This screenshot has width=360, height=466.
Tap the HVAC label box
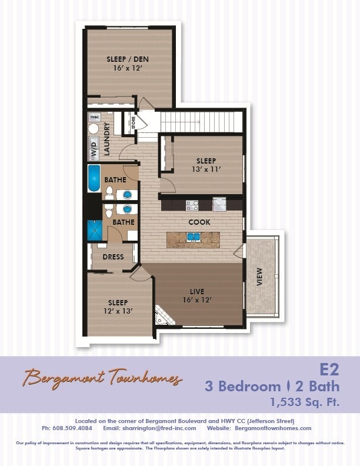95,118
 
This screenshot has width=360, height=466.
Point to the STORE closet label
134,123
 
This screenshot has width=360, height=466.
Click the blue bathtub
94,178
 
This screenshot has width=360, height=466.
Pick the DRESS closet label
113,257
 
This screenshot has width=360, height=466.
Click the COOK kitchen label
199,222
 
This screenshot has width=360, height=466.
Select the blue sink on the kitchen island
193,238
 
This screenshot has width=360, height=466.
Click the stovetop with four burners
192,205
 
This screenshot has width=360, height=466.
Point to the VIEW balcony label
259,277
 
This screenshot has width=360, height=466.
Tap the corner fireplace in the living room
163,317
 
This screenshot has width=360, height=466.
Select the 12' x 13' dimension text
118,311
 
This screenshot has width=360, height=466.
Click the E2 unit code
331,370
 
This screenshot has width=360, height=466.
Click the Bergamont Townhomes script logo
103,378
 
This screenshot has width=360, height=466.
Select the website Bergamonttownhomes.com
276,428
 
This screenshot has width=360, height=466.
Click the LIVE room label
196,291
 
